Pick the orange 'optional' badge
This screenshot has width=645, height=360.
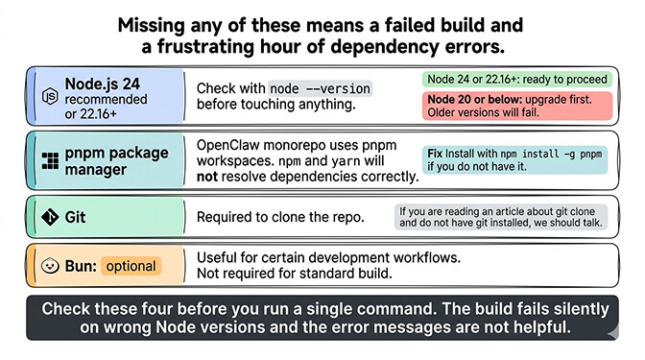(131, 266)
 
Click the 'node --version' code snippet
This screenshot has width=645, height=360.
(320, 88)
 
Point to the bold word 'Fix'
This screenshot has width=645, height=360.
(435, 153)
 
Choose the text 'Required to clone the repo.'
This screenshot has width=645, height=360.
(280, 217)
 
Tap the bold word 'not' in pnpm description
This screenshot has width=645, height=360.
(211, 177)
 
